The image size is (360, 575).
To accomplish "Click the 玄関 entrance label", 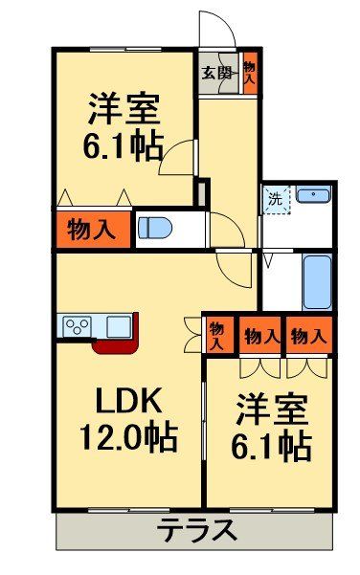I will tap(217, 72).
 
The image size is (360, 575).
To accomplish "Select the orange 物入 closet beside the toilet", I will tap(92, 230).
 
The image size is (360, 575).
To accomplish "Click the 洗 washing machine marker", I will tap(276, 201).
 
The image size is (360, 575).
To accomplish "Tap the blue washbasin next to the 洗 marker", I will tap(312, 197).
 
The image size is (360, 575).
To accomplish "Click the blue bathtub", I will tap(316, 281).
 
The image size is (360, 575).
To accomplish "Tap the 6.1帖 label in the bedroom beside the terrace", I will tap(272, 445).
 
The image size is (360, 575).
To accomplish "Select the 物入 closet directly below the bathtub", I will tap(308, 336).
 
